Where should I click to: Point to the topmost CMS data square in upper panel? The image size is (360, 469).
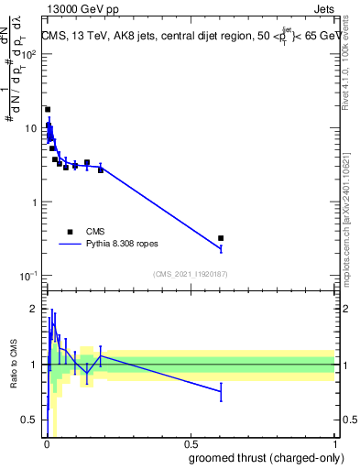48,109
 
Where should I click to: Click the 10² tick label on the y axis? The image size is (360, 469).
28,54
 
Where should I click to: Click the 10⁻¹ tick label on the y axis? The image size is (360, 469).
28,276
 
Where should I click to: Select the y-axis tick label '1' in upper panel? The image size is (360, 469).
34,202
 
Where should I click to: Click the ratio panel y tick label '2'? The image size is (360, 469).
35,309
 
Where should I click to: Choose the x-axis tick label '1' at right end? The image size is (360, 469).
334,443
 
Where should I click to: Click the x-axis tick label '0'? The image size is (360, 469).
46,443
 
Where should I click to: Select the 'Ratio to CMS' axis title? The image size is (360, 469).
14,365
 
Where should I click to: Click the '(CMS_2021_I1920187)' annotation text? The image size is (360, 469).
190,273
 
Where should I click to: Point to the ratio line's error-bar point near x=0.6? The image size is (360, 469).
221,391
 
